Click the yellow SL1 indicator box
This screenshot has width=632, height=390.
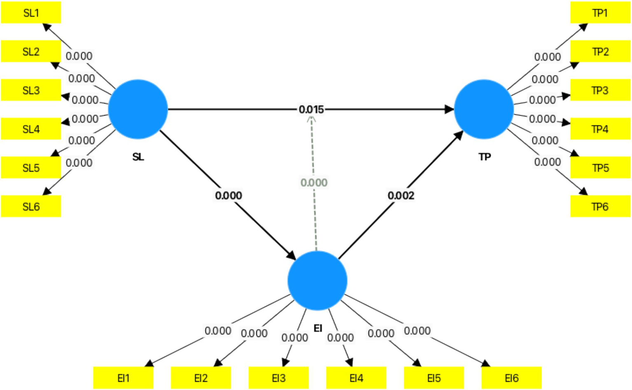point(31,13)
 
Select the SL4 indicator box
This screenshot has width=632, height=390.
point(31,129)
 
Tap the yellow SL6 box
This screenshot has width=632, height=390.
point(31,206)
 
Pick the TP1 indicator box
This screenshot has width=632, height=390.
point(600,13)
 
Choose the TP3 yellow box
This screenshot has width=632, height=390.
point(600,90)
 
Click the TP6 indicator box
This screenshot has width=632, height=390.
point(600,206)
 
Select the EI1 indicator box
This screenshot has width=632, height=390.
point(123,378)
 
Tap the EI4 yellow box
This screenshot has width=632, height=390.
point(356,378)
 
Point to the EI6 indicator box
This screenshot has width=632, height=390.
point(511,378)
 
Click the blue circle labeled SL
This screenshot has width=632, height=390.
point(138,109)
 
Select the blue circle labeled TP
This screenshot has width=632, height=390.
point(484,109)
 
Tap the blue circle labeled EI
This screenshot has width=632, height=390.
point(317,280)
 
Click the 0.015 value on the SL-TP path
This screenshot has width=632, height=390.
point(311,110)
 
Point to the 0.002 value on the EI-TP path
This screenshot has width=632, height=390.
point(401,196)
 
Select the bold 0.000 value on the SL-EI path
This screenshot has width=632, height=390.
point(229,196)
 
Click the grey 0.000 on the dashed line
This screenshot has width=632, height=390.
point(314,182)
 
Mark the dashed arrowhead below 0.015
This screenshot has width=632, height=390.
point(312,120)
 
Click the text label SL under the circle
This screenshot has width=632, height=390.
point(138,157)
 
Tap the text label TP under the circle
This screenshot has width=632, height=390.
point(484,157)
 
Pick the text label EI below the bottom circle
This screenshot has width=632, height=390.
point(317,328)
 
